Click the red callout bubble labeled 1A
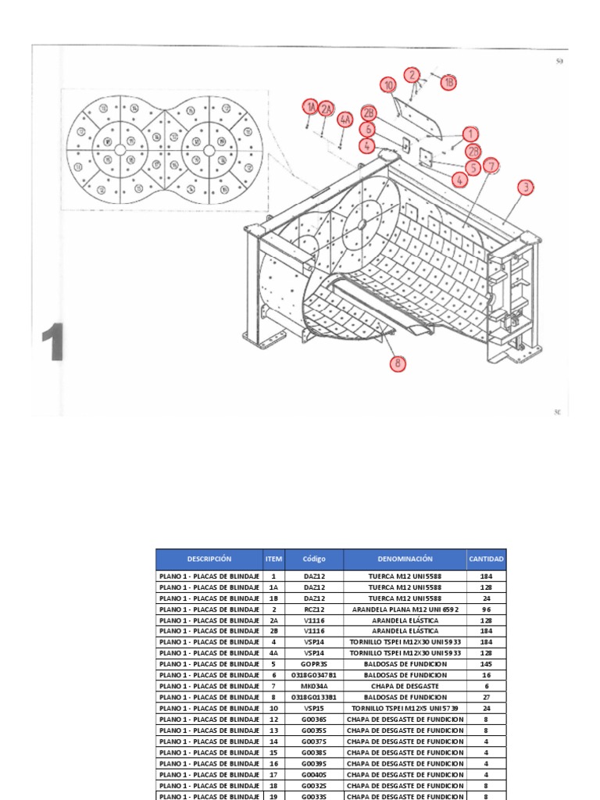point(310,106)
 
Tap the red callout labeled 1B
point(448,82)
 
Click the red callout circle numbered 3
point(526,187)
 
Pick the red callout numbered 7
point(491,166)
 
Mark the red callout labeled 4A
point(345,120)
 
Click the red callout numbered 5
point(473,167)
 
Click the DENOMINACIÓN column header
point(404,559)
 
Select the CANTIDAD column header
point(486,559)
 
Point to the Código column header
point(313,559)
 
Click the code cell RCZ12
point(313,609)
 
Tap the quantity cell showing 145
point(486,664)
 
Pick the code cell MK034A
point(313,686)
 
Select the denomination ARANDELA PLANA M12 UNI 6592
point(404,609)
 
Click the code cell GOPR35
point(313,664)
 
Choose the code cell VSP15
point(313,708)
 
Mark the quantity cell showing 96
point(486,609)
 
